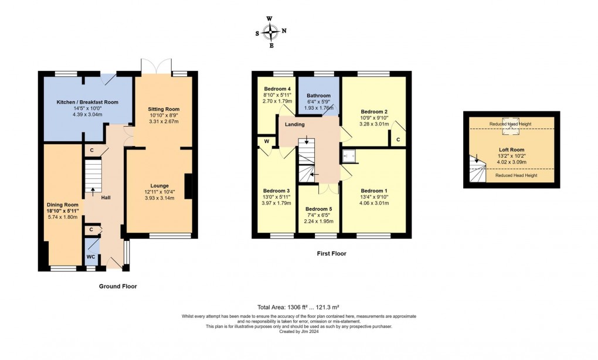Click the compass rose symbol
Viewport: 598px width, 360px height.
pos(270,32)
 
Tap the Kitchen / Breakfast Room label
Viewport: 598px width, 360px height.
pos(87,102)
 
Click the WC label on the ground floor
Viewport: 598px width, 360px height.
pos(91,256)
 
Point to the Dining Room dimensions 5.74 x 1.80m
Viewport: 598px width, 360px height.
pos(63,217)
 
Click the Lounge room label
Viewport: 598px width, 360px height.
pos(159,186)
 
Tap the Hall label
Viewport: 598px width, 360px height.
pos(106,198)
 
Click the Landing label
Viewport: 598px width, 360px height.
pos(294,124)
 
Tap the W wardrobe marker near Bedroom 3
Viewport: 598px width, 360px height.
pos(266,141)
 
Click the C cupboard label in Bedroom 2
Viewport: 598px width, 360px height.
pos(398,140)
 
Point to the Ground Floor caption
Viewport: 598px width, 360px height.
pos(118,287)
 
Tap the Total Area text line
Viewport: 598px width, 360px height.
pos(299,307)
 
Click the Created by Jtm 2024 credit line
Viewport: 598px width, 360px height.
pos(299,331)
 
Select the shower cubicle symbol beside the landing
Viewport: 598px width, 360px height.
pos(349,155)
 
